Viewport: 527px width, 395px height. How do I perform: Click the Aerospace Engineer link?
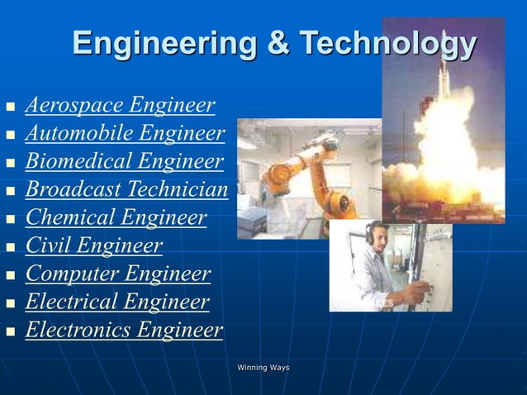pos(121,106)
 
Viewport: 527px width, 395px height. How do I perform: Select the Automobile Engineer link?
pos(125,134)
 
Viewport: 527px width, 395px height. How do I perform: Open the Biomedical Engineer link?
pos(125,162)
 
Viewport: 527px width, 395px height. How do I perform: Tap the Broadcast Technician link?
pos(126,190)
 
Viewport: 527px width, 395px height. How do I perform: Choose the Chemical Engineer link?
pos(116,218)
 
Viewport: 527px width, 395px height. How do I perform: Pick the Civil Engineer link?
pos(94,246)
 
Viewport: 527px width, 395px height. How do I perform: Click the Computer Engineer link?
pos(118,274)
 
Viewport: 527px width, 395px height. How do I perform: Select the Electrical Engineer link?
pos(117,302)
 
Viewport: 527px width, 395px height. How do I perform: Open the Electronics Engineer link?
pos(124,331)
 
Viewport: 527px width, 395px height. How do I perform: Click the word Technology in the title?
pos(388,43)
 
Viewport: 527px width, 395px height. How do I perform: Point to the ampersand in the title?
pos(278,43)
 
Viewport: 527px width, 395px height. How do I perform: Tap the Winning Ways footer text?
pos(263,367)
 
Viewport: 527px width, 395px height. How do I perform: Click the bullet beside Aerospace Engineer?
pos(10,107)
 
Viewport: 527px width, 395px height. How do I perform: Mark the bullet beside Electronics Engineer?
pos(10,332)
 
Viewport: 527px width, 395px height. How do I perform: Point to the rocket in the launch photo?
pos(444,83)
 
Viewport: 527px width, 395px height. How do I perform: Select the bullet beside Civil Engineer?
pos(10,248)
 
